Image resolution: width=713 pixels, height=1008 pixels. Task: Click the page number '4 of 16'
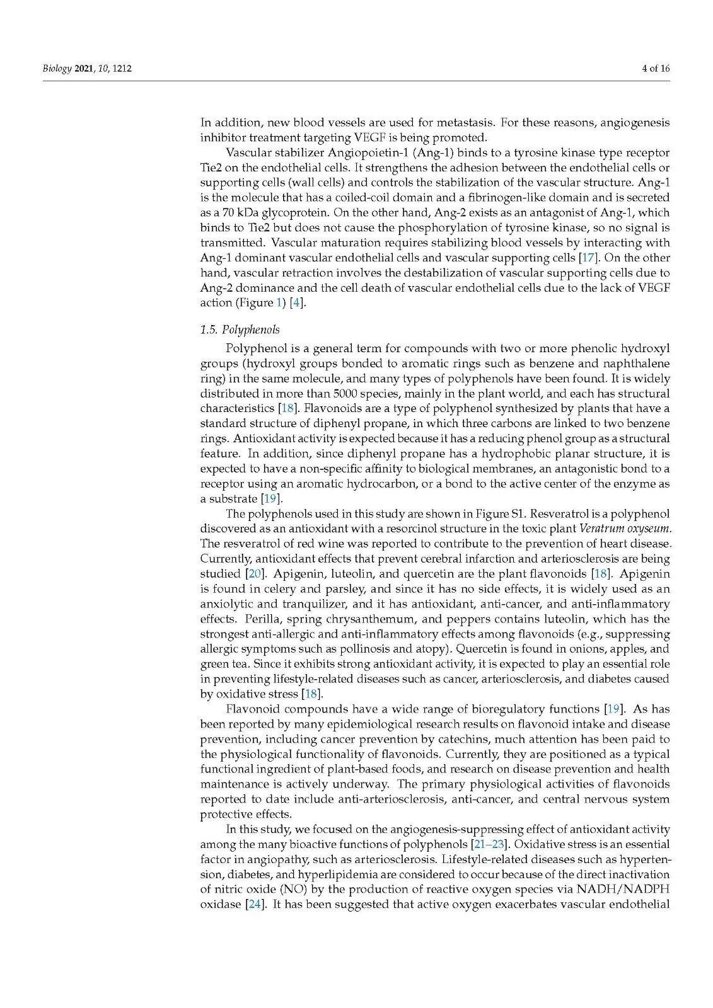pos(655,68)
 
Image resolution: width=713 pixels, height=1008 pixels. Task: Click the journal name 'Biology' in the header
pos(57,68)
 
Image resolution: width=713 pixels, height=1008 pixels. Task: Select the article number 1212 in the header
pos(122,68)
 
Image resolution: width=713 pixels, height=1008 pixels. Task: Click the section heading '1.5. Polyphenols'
pos(240,329)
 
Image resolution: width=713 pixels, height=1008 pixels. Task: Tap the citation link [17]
pos(588,258)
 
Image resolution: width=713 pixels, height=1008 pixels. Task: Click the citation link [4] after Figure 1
pos(297,302)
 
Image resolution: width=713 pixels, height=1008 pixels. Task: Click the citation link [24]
pos(255,904)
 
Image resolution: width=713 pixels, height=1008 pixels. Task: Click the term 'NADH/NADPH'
pos(623,889)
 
